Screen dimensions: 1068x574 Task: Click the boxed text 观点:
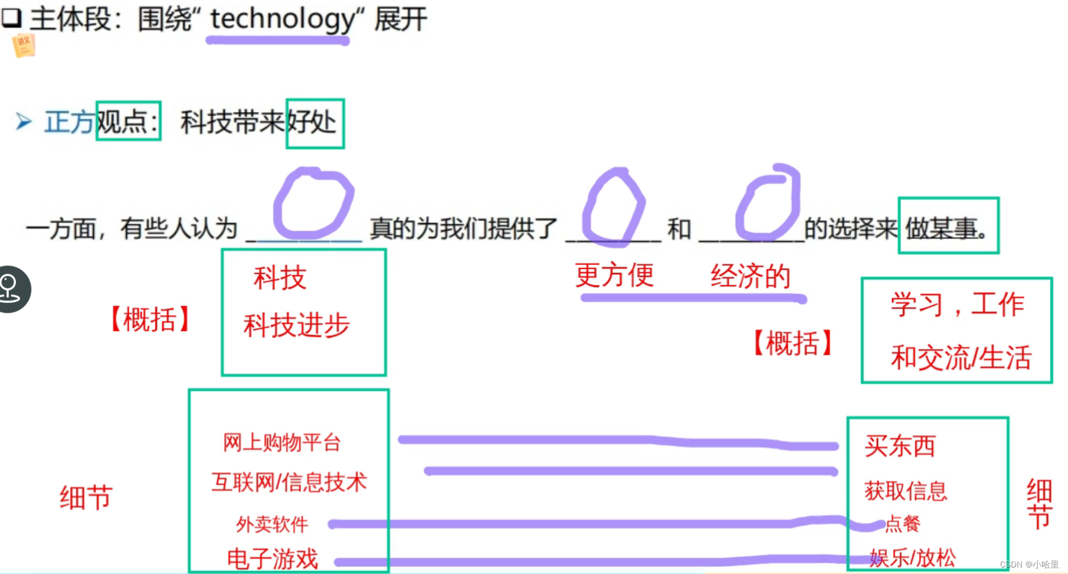(128, 122)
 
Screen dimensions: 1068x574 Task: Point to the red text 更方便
(614, 275)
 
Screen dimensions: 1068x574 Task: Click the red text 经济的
(750, 276)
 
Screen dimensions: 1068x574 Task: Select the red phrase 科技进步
(296, 325)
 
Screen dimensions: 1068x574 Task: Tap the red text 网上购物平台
(282, 442)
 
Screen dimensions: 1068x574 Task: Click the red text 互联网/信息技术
(289, 482)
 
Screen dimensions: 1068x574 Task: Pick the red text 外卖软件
(272, 524)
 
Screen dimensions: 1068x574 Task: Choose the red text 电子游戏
(273, 559)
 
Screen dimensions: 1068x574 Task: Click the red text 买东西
(900, 446)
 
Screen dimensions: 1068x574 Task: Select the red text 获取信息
(906, 491)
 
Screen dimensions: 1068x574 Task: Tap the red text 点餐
(903, 523)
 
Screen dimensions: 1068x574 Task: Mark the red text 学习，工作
(957, 305)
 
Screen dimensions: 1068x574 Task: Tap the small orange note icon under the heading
(24, 45)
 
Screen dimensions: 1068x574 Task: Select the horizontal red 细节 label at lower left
(86, 497)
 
